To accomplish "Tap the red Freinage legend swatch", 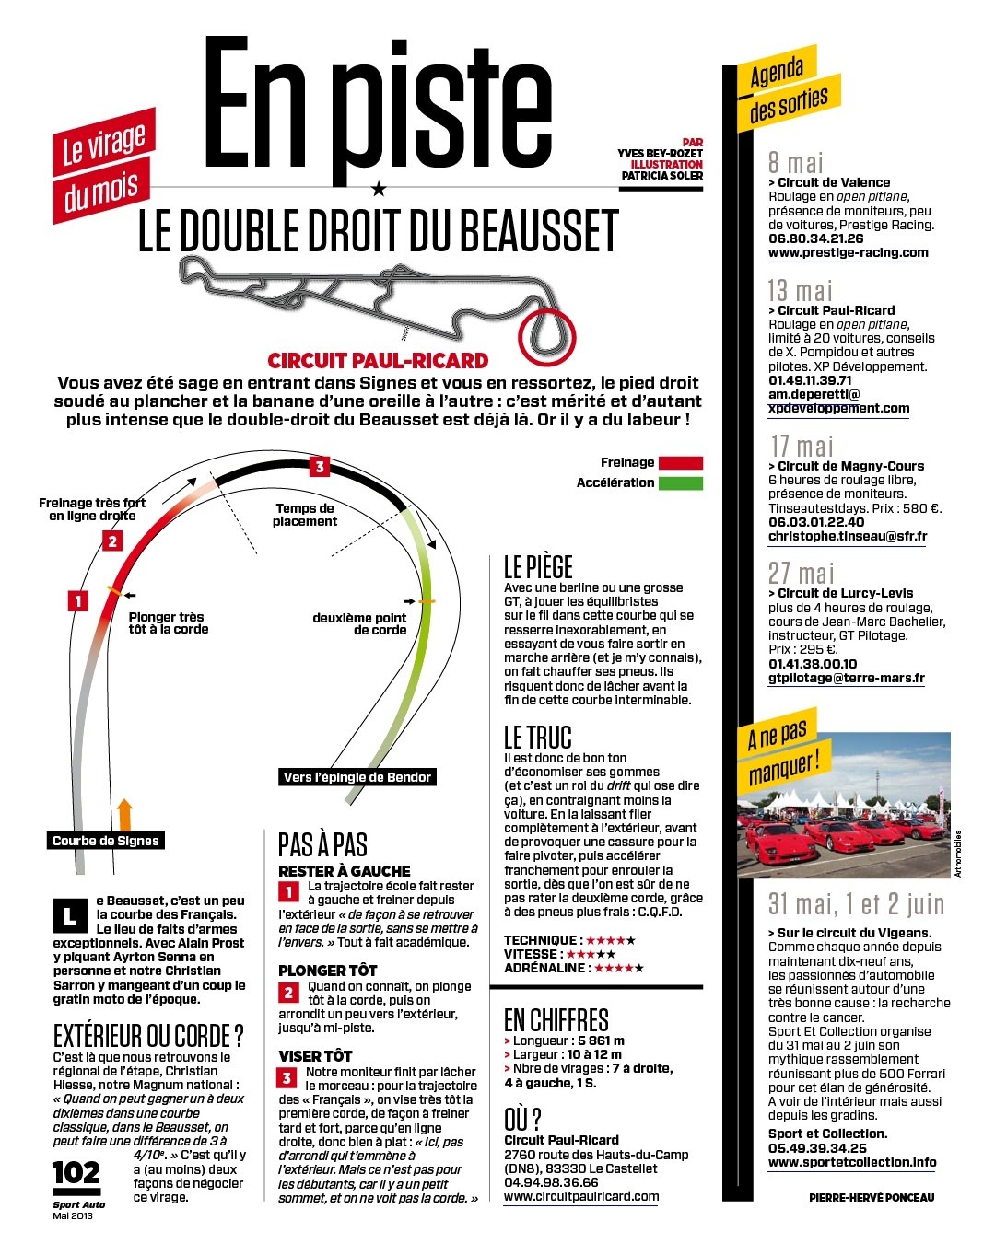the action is [681, 462].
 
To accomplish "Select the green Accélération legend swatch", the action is [681, 482].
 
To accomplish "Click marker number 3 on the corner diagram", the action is [320, 467].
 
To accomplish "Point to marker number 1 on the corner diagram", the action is [78, 601].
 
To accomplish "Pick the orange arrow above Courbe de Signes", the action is [125, 815].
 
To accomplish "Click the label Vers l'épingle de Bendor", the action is [357, 777].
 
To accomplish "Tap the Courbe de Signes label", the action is [105, 841].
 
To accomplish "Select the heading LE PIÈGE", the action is [538, 567].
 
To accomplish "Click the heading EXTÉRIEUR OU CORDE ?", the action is [148, 1035].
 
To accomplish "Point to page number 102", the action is [76, 1173].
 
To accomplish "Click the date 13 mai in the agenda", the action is [800, 291].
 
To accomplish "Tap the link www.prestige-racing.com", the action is [849, 252].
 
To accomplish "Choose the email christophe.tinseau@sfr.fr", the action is [848, 536].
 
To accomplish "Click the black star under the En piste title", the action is [379, 189].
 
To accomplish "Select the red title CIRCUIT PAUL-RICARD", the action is [378, 360].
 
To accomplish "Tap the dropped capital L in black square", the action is [70, 915].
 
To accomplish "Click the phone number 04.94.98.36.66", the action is [551, 1182].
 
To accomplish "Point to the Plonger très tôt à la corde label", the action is [169, 623].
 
